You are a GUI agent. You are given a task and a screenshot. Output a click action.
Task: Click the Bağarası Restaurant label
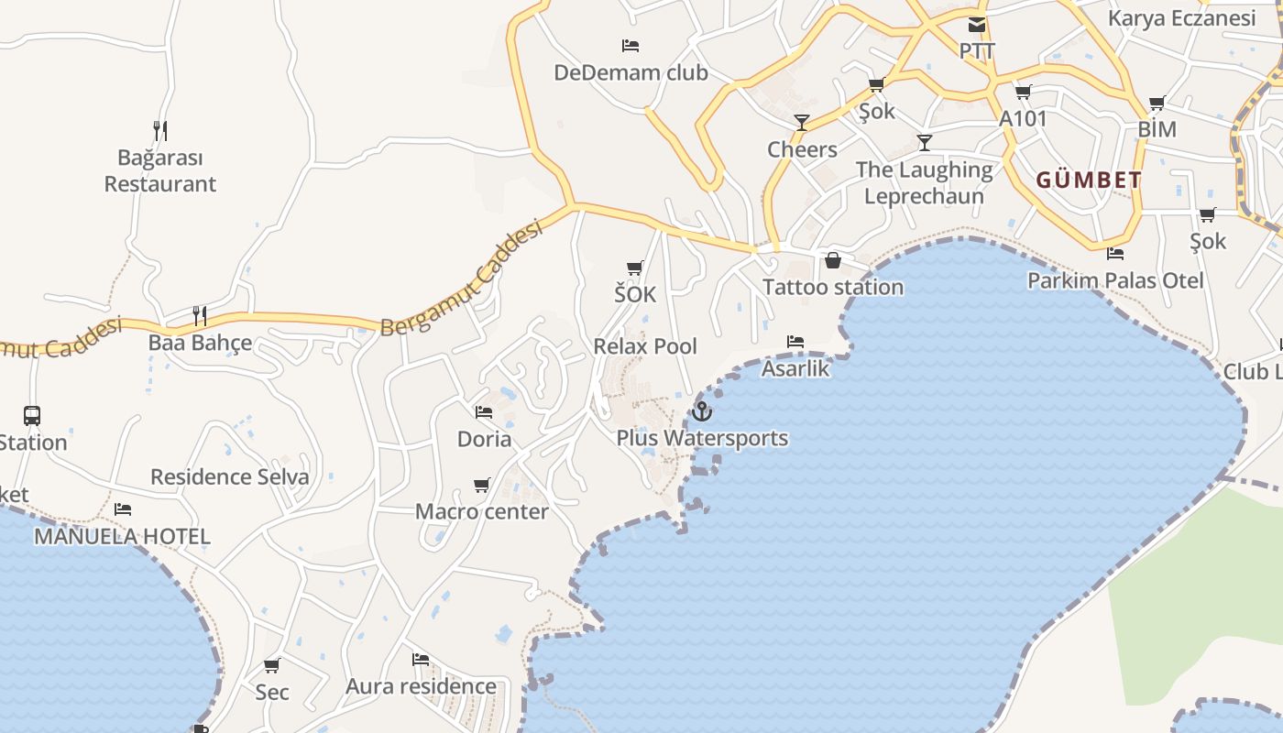160,171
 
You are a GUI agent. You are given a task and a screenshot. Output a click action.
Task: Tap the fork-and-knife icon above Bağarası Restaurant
160,131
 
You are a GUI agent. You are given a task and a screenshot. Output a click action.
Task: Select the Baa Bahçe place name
200,343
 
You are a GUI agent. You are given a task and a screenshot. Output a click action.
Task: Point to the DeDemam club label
631,72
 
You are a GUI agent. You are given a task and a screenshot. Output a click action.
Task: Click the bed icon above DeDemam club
631,45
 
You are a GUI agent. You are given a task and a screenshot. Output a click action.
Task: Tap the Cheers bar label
802,149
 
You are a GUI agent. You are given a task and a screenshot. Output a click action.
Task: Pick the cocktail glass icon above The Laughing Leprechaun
925,142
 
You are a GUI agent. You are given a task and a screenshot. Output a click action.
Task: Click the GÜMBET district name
1089,181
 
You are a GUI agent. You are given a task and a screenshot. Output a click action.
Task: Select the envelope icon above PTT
977,25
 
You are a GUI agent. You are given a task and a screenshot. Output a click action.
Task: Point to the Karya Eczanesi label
1181,18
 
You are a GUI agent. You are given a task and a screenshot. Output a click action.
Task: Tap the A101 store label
1023,118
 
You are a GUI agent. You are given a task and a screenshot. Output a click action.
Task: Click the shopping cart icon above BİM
1157,104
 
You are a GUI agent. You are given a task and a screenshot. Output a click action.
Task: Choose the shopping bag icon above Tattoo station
833,260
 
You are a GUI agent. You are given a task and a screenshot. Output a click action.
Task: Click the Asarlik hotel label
795,368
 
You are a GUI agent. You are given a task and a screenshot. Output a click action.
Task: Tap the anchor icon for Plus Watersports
702,411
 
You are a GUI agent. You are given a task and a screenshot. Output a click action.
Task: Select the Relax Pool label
645,346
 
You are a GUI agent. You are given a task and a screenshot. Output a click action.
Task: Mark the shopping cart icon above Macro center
482,485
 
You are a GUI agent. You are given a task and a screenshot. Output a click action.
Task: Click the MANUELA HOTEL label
122,536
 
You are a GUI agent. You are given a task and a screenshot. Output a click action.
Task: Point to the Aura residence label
421,686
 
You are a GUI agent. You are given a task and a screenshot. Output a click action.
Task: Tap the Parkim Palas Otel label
1115,280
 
